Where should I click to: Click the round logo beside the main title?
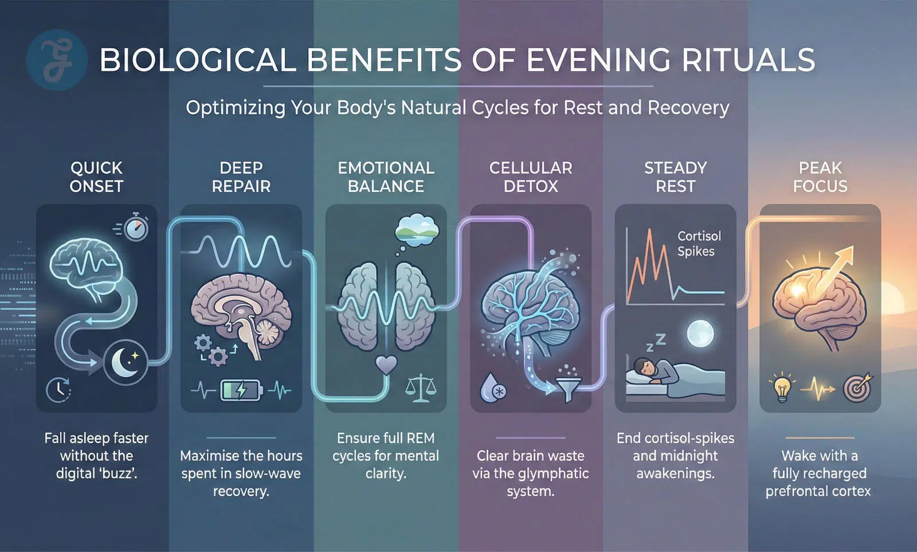[57, 60]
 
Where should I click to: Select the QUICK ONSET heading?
[96, 177]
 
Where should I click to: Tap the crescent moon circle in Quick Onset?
[126, 362]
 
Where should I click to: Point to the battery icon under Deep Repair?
[241, 390]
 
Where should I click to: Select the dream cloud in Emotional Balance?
[416, 229]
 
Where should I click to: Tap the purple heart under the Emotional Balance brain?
[386, 364]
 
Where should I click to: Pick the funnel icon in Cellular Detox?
[567, 389]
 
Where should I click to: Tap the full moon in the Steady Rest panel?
[700, 334]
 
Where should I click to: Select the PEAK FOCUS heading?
[820, 177]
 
